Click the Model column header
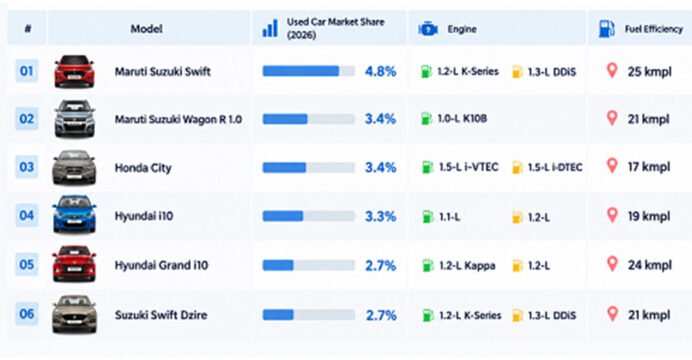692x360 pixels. (147, 29)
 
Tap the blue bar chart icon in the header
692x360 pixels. (270, 28)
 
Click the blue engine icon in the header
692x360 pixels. (428, 29)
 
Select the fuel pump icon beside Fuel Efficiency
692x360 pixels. (606, 29)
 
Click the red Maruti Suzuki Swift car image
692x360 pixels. (74, 71)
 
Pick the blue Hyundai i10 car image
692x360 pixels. (74, 214)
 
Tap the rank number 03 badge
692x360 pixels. (26, 167)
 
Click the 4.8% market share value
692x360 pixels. (380, 71)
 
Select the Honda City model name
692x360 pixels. (143, 168)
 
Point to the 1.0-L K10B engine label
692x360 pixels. (462, 119)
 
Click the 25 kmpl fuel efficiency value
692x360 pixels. (650, 71)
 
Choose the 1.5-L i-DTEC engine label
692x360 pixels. (555, 167)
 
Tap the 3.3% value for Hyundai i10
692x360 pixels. (380, 216)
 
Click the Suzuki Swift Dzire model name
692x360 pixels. (161, 315)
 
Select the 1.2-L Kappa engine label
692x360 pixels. (467, 266)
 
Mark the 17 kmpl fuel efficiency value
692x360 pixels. (649, 167)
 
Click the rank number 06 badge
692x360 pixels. (26, 314)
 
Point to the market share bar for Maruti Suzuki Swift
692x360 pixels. (309, 71)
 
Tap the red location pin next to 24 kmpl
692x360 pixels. (612, 264)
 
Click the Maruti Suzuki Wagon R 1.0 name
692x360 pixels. (178, 119)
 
